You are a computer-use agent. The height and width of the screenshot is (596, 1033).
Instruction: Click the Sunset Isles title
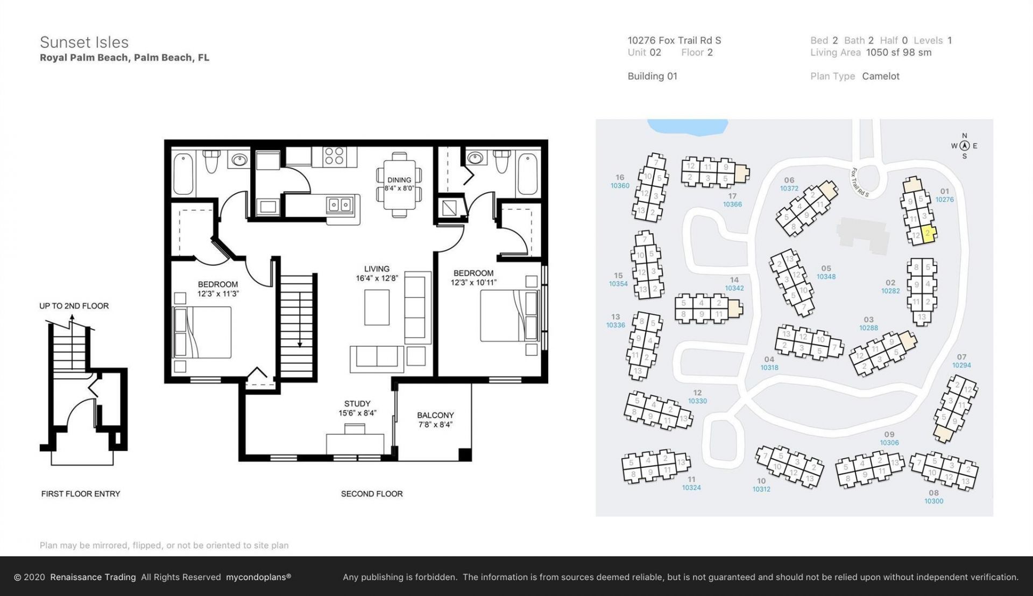pyautogui.click(x=84, y=43)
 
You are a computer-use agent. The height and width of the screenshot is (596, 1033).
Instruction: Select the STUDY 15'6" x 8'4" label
pyautogui.click(x=357, y=408)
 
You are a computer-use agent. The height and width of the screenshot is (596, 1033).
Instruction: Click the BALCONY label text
pyautogui.click(x=435, y=415)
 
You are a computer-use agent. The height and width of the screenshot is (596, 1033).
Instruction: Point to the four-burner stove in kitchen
pyautogui.click(x=334, y=156)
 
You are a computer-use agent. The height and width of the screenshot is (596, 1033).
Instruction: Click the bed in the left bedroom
pyautogui.click(x=202, y=332)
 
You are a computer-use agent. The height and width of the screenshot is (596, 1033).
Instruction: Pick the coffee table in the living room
pyautogui.click(x=377, y=307)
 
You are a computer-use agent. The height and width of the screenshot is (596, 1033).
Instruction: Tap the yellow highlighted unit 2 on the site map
pyautogui.click(x=928, y=233)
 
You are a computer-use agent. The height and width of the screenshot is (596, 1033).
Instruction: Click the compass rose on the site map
pyautogui.click(x=964, y=146)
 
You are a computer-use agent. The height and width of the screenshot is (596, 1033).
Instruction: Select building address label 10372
pyautogui.click(x=789, y=189)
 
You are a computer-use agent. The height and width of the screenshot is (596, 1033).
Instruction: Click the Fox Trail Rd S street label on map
pyautogui.click(x=860, y=182)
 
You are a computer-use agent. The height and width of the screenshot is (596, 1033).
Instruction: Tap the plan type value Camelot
pyautogui.click(x=881, y=76)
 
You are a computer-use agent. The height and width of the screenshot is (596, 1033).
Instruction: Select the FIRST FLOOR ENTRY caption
pyautogui.click(x=81, y=494)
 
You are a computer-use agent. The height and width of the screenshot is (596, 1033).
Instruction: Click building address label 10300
pyautogui.click(x=933, y=501)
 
